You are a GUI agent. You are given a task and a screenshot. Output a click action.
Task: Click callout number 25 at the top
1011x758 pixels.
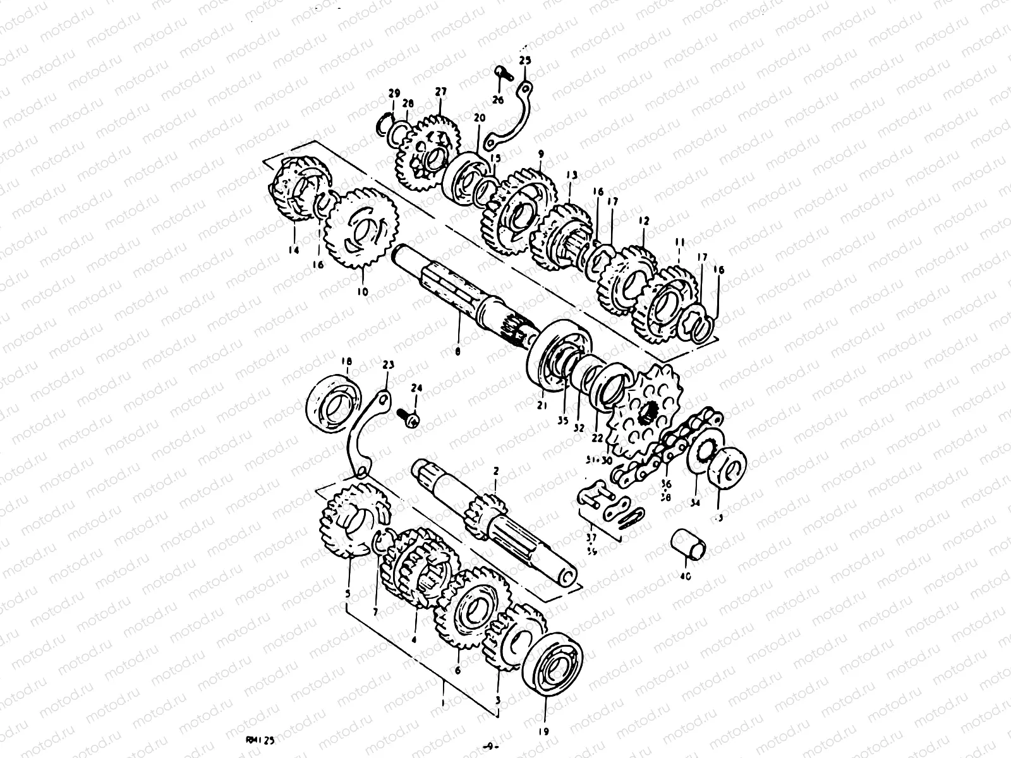tap(526, 61)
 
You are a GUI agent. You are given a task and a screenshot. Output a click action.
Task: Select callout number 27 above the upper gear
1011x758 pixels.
tap(440, 92)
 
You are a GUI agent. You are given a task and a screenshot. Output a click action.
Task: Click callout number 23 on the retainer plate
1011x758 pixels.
tap(388, 364)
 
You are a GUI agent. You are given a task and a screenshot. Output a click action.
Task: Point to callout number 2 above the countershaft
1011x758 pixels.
tap(496, 471)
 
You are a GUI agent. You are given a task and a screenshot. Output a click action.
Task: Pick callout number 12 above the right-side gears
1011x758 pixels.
tap(643, 222)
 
